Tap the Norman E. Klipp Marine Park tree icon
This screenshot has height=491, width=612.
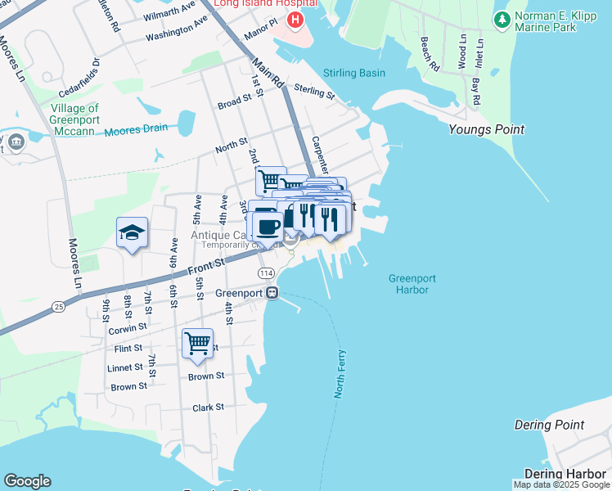500,18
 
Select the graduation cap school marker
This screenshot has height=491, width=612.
132,232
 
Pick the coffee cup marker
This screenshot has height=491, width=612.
269,223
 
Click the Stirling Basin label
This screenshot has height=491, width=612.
354,73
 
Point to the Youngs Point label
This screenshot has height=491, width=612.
486,129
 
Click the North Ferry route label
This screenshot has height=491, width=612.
340,374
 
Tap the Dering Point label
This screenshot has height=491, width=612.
549,425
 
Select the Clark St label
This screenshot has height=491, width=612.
208,408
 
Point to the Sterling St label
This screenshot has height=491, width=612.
314,92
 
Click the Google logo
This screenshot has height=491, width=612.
27,481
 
